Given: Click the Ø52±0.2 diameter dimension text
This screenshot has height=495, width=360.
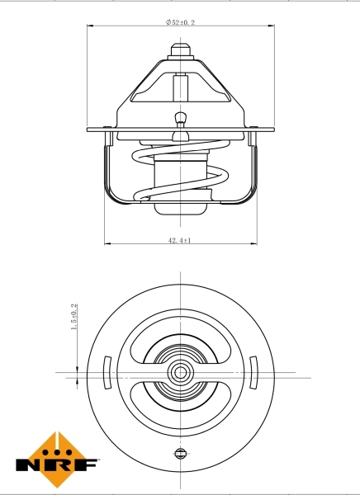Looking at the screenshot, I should [180, 23].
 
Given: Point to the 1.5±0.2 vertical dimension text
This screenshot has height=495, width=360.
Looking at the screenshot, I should [73, 317].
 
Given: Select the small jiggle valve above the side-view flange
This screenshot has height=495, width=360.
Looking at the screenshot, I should [180, 117].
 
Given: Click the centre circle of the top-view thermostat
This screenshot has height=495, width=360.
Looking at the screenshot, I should [180, 373].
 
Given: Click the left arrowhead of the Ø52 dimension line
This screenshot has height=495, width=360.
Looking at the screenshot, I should [90, 28].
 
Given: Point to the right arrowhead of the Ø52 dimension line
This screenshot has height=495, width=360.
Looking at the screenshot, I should [270, 28].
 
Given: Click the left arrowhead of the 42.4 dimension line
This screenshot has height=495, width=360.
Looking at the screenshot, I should [107, 244].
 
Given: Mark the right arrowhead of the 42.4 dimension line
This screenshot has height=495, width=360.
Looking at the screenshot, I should [253, 244].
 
